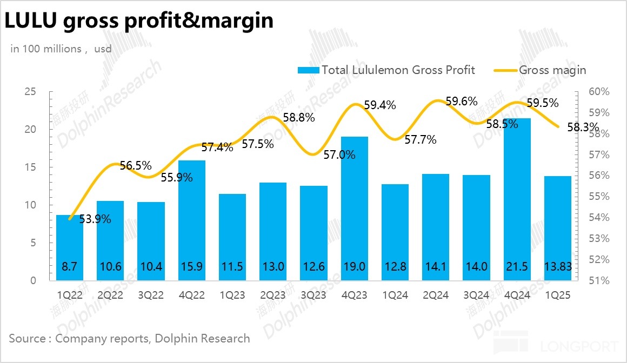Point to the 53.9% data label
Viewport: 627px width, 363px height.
pyautogui.click(x=96, y=219)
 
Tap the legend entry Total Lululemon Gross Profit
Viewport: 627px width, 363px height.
pyautogui.click(x=386, y=70)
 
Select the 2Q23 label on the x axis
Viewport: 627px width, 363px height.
pyautogui.click(x=273, y=295)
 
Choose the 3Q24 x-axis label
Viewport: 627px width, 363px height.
pyautogui.click(x=476, y=295)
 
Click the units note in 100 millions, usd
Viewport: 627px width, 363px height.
pyautogui.click(x=61, y=49)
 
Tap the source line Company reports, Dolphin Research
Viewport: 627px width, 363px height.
pyautogui.click(x=129, y=339)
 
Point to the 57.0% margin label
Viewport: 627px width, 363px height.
pyautogui.click(x=340, y=155)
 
